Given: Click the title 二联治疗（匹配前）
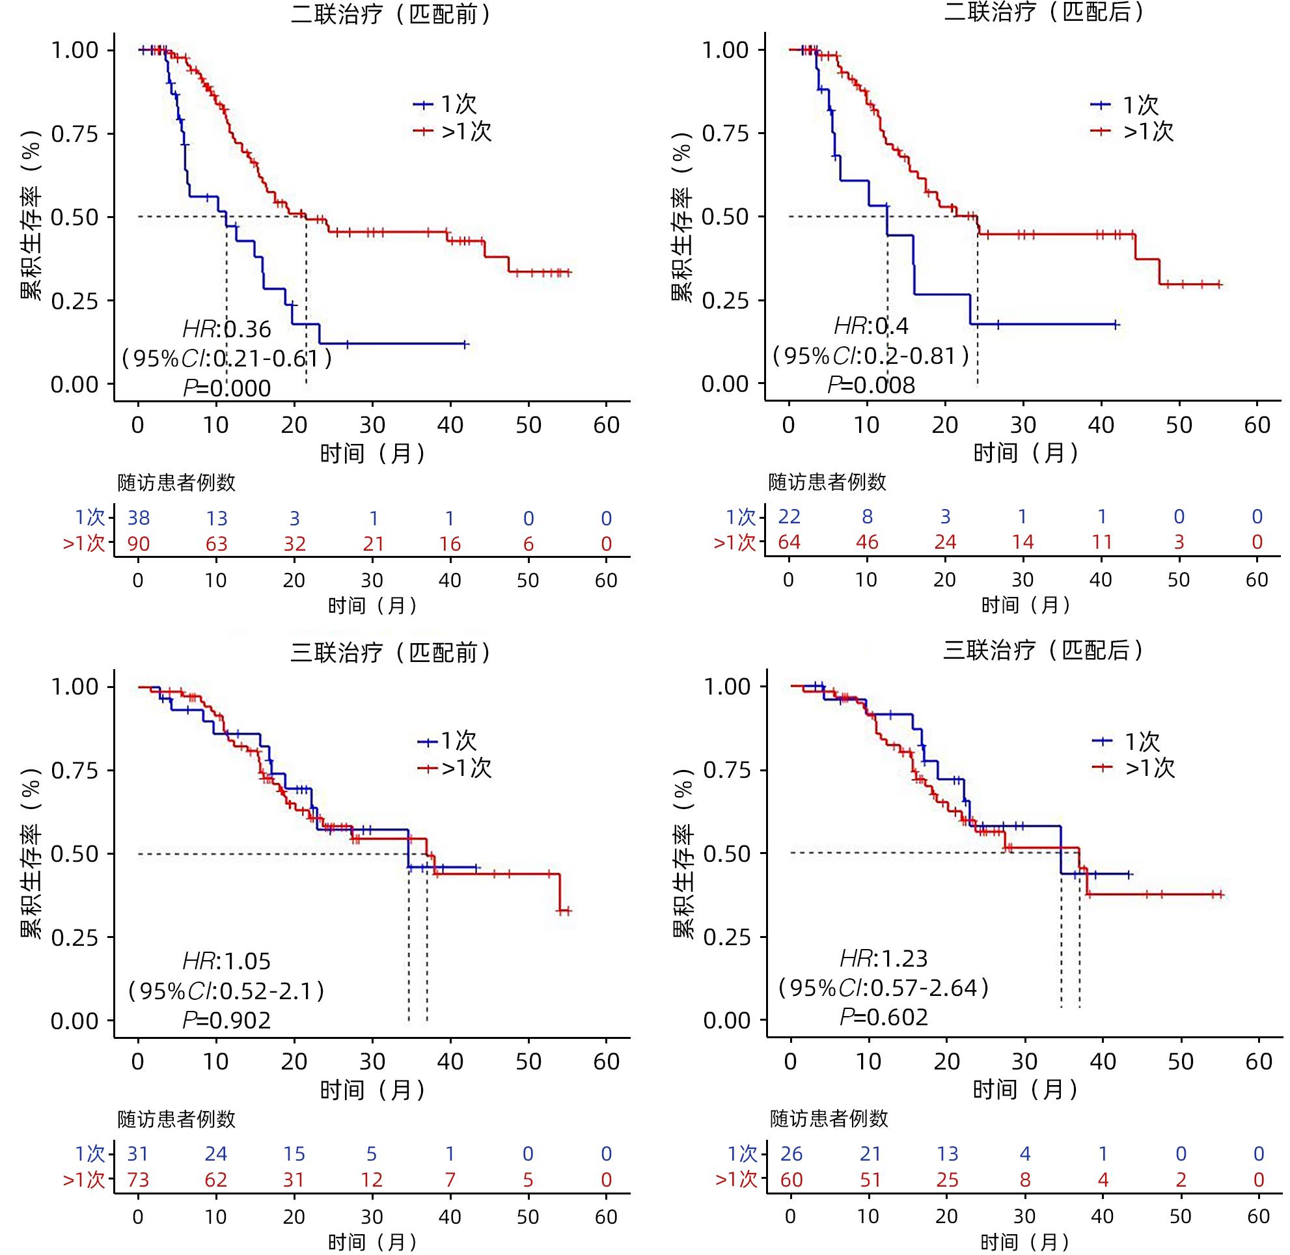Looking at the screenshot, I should point(392,14).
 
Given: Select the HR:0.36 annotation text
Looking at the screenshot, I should point(226,329).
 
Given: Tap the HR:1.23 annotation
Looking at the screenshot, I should point(883,958).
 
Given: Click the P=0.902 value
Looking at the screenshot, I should point(226,1021).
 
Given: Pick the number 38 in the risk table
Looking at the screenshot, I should point(139,518).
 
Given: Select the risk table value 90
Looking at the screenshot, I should point(139,544).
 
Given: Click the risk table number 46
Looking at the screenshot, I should point(867,542).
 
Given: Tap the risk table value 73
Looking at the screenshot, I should point(139,1180).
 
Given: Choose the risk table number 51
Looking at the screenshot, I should point(870,1180).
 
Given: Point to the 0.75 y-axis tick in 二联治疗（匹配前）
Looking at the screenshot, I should point(74,135).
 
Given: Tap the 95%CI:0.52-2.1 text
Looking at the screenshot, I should point(226,991).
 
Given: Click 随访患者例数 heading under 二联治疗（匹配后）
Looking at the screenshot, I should point(827,482).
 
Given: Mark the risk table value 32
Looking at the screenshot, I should point(294,544).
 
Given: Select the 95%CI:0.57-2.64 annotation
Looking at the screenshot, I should point(883,988).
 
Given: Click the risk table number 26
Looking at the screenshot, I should point(791,1154).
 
